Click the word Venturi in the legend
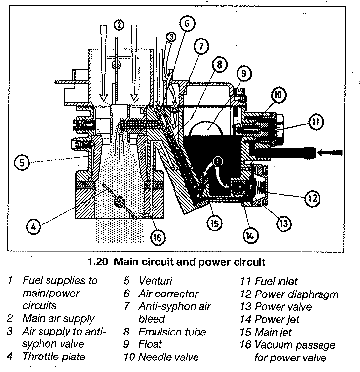(x=155, y=282)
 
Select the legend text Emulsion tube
(x=172, y=332)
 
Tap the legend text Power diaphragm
(x=296, y=295)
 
